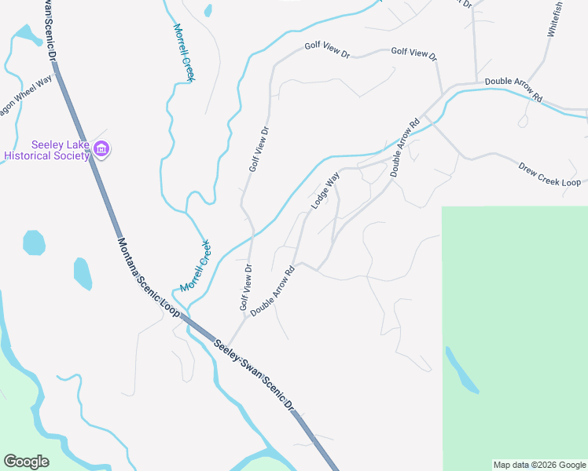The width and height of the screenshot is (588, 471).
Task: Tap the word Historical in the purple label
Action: coord(30,155)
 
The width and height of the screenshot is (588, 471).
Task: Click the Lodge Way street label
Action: coord(325,191)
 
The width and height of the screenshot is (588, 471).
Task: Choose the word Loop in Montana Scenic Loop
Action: coord(171,306)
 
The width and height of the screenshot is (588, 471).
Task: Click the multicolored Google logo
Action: coord(26,462)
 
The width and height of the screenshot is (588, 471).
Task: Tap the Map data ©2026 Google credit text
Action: coord(539,465)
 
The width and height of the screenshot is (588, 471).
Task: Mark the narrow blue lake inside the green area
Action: coord(461,370)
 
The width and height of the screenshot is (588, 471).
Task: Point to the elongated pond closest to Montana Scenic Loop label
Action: coord(83,273)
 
